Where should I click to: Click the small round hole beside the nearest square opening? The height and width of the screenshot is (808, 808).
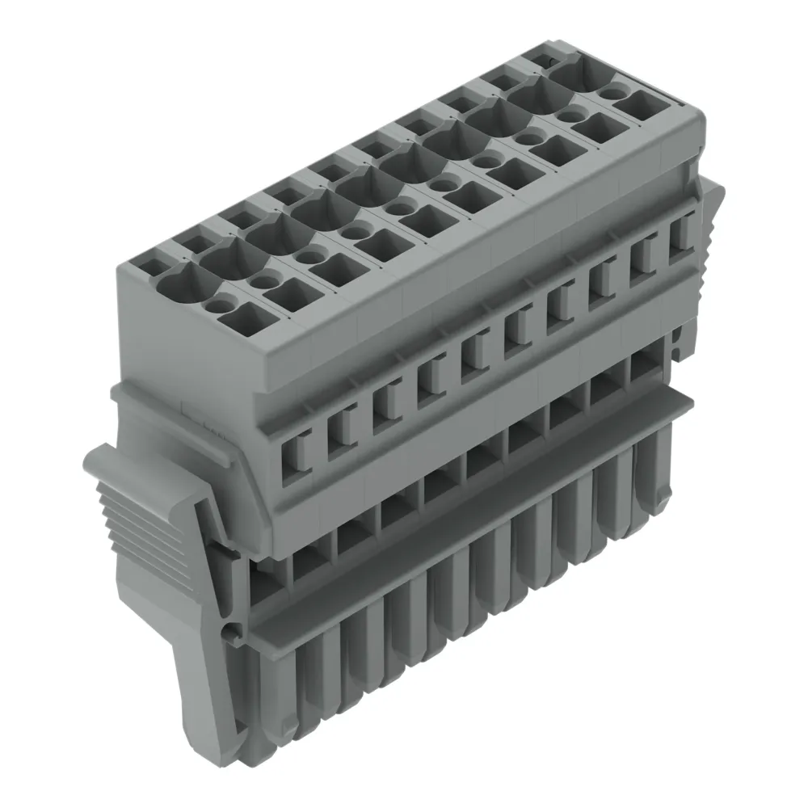pyautogui.click(x=217, y=304)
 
